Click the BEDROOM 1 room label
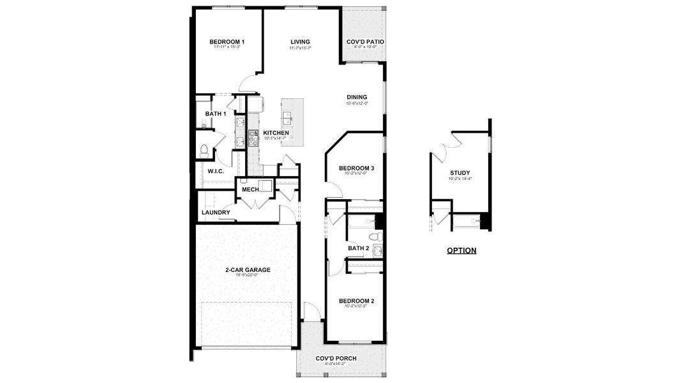[227, 42]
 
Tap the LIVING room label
[299, 42]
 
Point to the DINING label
[357, 97]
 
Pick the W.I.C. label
[214, 171]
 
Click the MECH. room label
[250, 190]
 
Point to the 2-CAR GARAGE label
[248, 269]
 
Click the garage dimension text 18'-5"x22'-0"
[248, 276]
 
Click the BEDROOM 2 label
[356, 301]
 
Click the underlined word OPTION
[461, 250]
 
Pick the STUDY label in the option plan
[460, 172]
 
